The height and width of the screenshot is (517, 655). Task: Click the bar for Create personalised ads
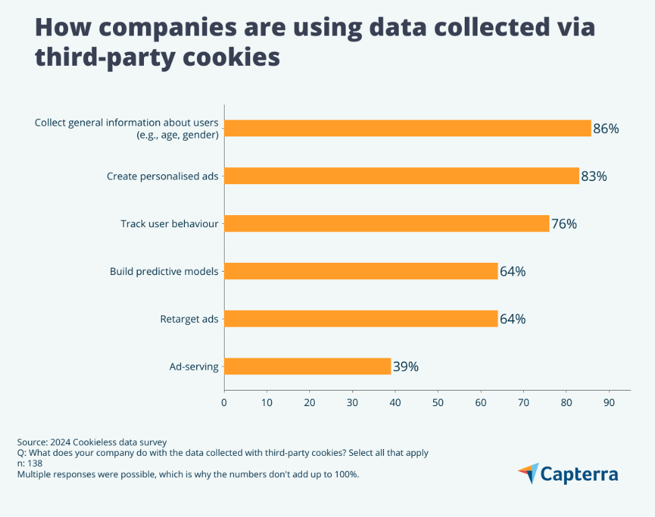401,176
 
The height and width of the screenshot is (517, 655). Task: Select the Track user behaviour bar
387,224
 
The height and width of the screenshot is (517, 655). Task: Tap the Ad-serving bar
307,366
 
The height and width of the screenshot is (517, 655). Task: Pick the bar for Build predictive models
361,272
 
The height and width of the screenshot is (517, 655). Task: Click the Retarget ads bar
361,319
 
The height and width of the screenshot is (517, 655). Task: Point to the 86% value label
605,128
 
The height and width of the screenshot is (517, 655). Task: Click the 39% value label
406,366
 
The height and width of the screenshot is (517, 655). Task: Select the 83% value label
593,176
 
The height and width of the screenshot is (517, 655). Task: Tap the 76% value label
564,224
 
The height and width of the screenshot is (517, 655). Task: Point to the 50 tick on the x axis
438,403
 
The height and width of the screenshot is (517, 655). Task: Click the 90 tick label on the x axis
609,403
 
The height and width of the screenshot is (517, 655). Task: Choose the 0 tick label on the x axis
224,403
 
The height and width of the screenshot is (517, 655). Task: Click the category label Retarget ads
189,319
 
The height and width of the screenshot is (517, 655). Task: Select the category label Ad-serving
194,367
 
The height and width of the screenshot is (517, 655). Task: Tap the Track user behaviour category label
169,224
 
